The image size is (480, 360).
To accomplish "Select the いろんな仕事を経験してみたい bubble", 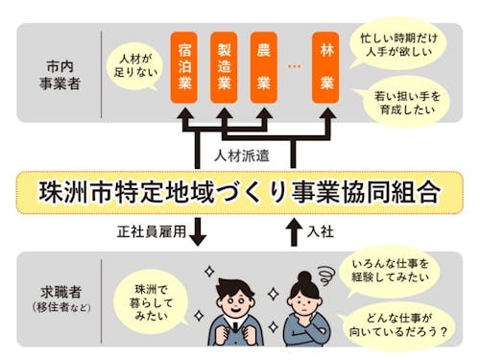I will click(393, 271).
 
